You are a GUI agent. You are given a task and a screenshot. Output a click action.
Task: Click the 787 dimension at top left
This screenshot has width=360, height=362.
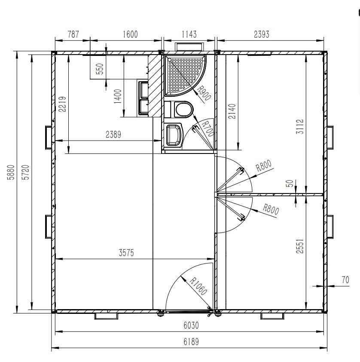click(x=73, y=34)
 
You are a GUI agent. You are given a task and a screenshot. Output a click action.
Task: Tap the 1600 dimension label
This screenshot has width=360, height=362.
click(x=130, y=34)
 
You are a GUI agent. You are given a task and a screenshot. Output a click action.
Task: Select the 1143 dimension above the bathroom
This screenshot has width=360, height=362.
click(x=189, y=34)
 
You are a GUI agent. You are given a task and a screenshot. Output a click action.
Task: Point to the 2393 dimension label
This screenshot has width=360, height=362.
click(x=262, y=34)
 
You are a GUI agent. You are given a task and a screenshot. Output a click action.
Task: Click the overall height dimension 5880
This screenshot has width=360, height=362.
click(x=11, y=172)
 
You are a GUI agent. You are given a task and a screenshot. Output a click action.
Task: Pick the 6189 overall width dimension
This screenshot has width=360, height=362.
click(x=191, y=342)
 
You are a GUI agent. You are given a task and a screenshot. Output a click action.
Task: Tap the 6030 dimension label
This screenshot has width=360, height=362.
click(x=191, y=325)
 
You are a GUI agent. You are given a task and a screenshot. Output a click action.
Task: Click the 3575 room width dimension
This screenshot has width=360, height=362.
click(x=126, y=253)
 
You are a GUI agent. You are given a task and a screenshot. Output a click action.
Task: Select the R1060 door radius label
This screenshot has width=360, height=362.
click(x=198, y=286)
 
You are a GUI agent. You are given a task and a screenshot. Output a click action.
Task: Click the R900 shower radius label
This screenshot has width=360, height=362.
click(x=204, y=93)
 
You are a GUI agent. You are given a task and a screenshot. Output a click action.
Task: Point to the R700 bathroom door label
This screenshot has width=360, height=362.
click(x=208, y=129)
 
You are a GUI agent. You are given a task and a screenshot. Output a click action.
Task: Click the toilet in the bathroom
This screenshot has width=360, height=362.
click(x=179, y=109)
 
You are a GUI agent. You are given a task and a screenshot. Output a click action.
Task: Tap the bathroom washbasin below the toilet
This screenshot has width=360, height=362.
click(x=174, y=135)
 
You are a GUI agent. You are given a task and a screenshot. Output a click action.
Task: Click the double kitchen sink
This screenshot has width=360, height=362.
click(x=143, y=98)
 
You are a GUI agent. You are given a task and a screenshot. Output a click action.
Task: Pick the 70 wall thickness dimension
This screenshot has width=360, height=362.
click(x=345, y=280)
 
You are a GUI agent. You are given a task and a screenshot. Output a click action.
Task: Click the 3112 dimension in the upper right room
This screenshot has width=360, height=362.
click(x=300, y=126)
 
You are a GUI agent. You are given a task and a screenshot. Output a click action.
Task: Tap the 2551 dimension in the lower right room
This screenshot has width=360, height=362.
click(x=300, y=246)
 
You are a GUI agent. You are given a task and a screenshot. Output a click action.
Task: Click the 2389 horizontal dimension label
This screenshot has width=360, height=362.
click(x=113, y=135)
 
